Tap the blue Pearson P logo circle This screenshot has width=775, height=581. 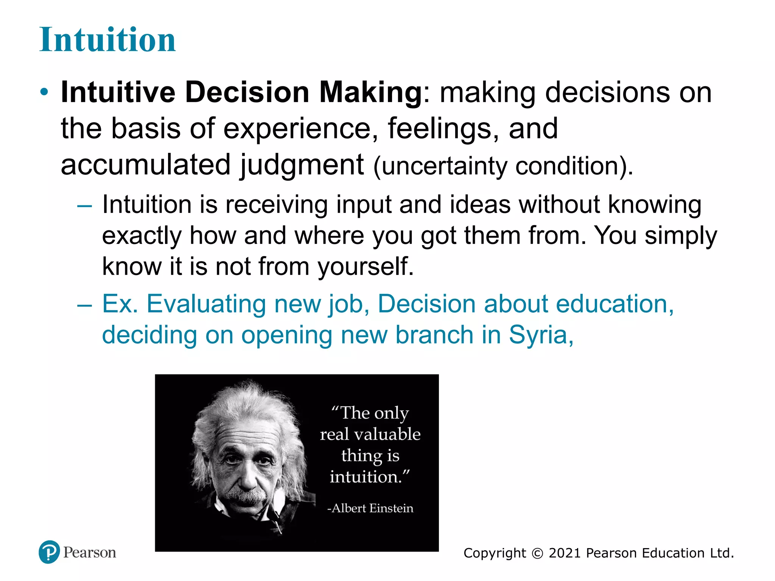pyautogui.click(x=49, y=552)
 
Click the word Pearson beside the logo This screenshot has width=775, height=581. pyautogui.click(x=90, y=552)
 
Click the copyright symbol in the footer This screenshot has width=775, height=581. pyautogui.click(x=537, y=553)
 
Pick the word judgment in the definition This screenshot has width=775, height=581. pyautogui.click(x=302, y=165)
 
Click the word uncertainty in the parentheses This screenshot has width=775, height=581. pyautogui.click(x=444, y=166)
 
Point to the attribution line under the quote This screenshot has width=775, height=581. pyautogui.click(x=370, y=508)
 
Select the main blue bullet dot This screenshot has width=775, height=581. pyautogui.click(x=44, y=92)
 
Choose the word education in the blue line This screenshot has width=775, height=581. pyautogui.click(x=615, y=304)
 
